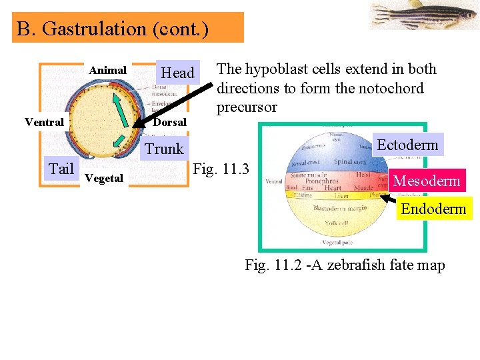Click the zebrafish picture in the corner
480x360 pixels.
[423, 15]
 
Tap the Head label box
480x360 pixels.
[178, 73]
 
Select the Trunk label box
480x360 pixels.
[165, 149]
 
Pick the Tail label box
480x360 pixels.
[61, 169]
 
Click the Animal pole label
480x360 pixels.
[108, 70]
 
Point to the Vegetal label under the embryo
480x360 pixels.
[104, 178]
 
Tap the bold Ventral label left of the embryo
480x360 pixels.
[44, 122]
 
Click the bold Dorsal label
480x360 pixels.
[170, 122]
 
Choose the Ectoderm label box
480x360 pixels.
[407, 145]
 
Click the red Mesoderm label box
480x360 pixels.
[427, 181]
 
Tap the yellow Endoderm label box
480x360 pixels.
[433, 209]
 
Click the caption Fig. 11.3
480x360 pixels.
[221, 169]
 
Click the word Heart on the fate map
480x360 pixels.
[333, 188]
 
